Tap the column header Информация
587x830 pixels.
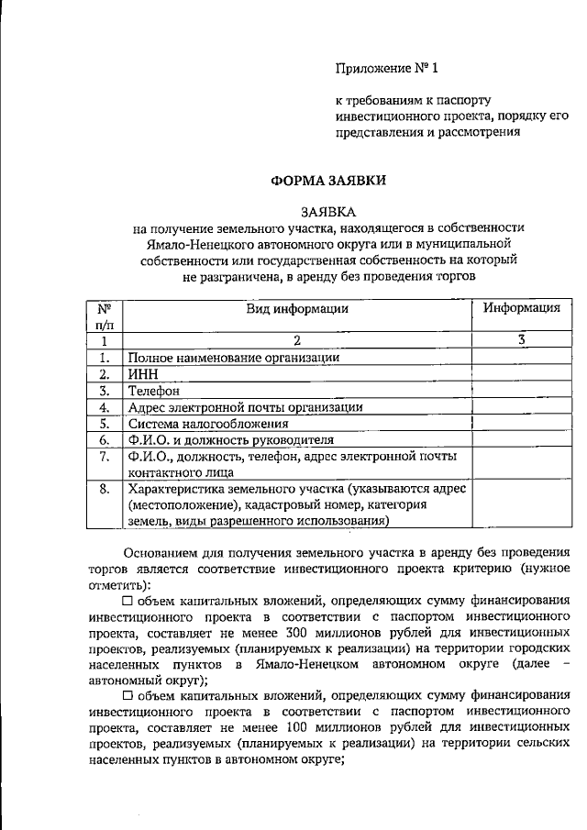[522, 309]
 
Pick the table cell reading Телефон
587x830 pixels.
[153, 391]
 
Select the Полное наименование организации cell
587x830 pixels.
[234, 358]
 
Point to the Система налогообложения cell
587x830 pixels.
[208, 424]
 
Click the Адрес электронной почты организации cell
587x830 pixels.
[246, 407]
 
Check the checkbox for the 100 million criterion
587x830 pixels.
[127, 697]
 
